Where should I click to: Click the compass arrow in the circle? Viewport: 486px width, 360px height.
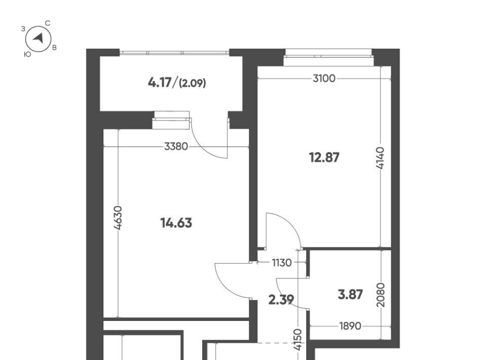(39, 39)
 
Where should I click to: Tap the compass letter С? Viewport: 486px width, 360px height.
(48, 23)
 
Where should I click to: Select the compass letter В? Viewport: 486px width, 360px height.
(55, 48)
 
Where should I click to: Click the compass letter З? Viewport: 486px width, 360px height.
(23, 29)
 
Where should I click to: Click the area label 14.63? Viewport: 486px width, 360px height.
(176, 223)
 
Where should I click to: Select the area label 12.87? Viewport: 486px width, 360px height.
(324, 158)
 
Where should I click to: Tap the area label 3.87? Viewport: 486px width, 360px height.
(350, 294)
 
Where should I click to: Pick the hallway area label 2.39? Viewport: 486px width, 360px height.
(281, 300)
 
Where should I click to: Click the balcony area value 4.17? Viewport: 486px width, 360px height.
(160, 83)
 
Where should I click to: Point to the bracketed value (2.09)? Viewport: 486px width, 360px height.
(193, 83)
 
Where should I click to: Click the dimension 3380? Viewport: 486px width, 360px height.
(176, 146)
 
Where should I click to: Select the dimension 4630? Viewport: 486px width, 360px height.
(118, 218)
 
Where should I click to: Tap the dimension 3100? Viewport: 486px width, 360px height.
(324, 79)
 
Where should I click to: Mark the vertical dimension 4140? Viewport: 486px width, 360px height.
(380, 158)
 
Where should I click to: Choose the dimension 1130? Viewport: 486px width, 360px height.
(282, 263)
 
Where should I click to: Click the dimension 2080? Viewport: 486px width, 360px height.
(381, 295)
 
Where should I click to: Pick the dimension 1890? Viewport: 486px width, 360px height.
(350, 326)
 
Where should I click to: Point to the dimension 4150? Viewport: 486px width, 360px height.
(297, 340)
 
